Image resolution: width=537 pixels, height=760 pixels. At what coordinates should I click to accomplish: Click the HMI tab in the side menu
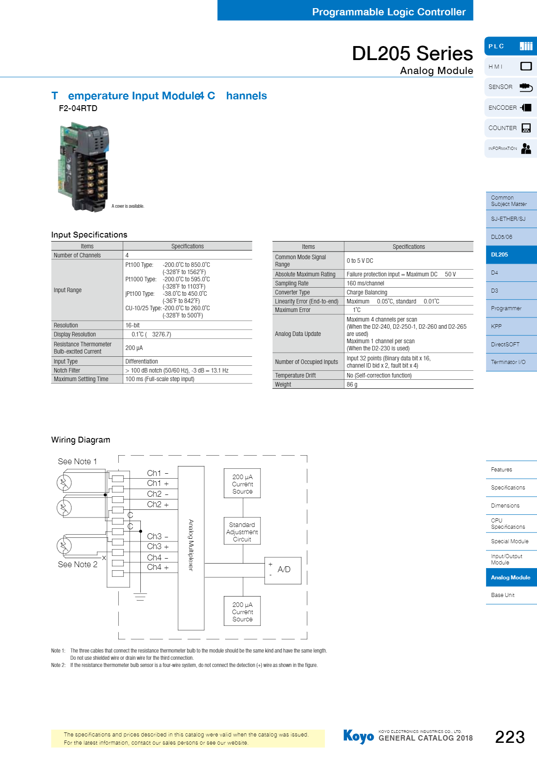510,66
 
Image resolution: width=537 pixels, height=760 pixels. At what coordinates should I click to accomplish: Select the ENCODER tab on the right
510,107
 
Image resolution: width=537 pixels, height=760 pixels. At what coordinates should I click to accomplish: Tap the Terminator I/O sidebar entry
511,362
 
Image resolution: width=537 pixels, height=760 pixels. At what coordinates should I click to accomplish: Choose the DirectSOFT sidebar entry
511,344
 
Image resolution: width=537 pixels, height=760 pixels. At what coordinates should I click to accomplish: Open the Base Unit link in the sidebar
511,595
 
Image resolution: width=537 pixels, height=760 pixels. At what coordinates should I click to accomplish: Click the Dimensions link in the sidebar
511,505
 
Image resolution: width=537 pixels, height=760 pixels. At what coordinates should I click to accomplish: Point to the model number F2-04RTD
78,108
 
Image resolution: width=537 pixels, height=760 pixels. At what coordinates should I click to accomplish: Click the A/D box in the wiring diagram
283,570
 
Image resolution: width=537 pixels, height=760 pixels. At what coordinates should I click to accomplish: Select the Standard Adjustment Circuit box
242,532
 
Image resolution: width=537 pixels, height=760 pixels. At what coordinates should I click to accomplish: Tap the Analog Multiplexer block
191,548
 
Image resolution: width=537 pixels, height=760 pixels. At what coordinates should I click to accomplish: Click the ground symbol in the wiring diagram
140,597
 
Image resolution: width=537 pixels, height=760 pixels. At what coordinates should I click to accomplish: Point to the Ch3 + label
157,546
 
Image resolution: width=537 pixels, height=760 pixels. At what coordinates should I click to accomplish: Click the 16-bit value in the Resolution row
133,325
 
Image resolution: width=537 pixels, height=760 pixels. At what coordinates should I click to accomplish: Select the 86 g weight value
352,384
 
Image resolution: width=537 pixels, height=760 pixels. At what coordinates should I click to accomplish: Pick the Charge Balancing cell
367,292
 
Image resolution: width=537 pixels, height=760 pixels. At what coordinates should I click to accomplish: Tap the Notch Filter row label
67,370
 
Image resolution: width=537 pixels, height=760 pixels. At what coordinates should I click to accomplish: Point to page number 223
510,737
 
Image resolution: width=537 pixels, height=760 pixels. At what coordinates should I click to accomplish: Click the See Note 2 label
78,564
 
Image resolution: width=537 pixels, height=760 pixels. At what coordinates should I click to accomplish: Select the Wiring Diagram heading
81,440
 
